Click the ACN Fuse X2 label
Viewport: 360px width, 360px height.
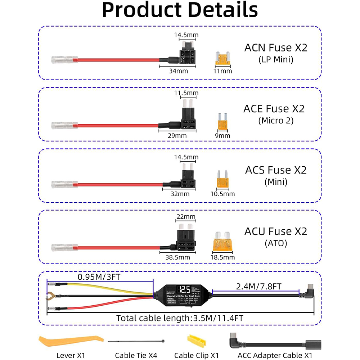point(276,48)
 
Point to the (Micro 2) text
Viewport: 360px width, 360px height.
point(276,121)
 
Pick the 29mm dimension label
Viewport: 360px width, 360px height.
point(177,136)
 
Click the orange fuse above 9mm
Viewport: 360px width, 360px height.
point(222,123)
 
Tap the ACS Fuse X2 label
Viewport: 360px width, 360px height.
point(276,170)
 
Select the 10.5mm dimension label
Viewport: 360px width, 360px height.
point(222,194)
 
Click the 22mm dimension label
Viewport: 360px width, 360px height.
point(186,217)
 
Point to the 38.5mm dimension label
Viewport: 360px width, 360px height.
point(177,257)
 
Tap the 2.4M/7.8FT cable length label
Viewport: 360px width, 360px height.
point(259,287)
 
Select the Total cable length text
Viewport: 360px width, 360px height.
point(180,318)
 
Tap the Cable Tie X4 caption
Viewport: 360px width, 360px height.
point(136,355)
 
